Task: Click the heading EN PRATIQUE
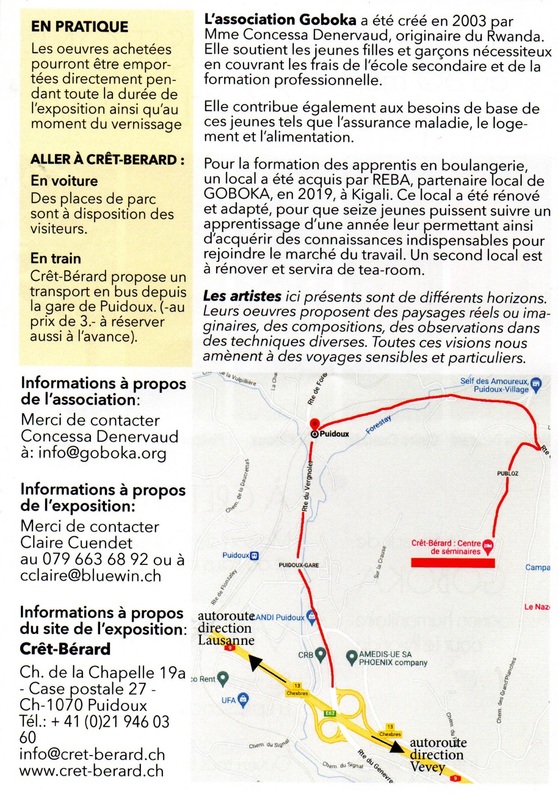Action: (79, 26)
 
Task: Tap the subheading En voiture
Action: (64, 181)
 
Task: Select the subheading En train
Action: (55, 258)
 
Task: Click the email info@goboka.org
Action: (103, 453)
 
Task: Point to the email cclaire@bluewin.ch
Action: (91, 576)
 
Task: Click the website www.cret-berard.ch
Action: (91, 771)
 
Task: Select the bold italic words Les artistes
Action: (242, 296)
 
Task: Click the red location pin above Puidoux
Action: (315, 424)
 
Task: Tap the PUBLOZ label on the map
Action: (508, 473)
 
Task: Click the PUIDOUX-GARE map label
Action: (299, 565)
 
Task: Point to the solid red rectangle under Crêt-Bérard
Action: (453, 562)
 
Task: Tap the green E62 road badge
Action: (330, 713)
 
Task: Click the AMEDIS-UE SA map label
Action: (380, 654)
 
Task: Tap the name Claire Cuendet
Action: (76, 543)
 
